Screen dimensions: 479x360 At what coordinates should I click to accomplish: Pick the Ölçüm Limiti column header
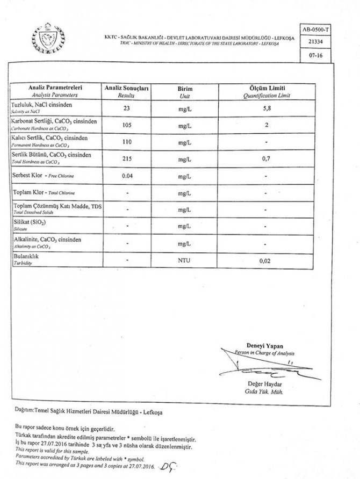pos(263,87)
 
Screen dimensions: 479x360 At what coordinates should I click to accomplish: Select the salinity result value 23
pos(127,108)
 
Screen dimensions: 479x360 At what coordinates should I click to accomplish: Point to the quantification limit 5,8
pos(263,108)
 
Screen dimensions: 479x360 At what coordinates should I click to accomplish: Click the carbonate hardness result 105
pos(127,125)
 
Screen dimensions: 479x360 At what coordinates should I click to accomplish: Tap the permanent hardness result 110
pos(127,142)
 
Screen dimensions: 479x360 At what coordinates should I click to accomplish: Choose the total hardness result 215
pos(127,159)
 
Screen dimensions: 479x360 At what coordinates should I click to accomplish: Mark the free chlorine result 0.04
pos(127,176)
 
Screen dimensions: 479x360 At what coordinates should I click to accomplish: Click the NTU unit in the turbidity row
pos(185,261)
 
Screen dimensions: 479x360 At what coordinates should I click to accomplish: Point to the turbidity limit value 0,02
pos(263,261)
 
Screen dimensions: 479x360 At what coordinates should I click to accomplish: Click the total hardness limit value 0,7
pos(263,159)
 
